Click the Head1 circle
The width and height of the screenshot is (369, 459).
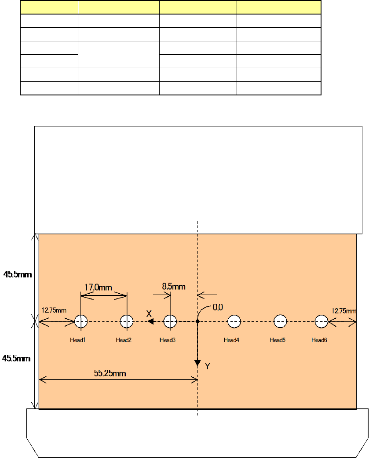tap(80, 322)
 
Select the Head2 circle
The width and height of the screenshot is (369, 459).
tap(127, 322)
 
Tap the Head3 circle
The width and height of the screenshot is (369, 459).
tap(170, 322)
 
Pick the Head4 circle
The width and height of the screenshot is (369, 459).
tap(234, 322)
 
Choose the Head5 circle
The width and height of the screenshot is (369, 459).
tap(280, 322)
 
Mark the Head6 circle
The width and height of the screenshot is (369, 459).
tap(322, 322)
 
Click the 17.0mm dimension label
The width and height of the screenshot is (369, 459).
tap(98, 288)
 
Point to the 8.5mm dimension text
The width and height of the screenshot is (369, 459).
tap(173, 287)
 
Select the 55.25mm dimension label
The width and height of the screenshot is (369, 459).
tap(110, 373)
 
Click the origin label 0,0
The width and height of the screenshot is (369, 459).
tap(218, 308)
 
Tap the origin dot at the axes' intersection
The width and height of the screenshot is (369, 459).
tap(198, 322)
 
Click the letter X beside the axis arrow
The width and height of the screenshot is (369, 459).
tap(149, 313)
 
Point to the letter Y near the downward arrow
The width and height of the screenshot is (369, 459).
tap(208, 365)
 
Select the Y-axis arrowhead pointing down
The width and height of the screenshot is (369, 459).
tap(198, 362)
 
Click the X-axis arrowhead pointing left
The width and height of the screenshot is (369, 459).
tap(150, 322)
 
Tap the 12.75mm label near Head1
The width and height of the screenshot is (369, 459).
tap(54, 310)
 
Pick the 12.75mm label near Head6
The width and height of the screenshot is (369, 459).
tap(344, 311)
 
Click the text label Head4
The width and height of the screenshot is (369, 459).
tap(231, 340)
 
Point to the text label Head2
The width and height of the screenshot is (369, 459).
tap(124, 340)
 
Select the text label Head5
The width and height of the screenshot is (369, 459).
tap(278, 340)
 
